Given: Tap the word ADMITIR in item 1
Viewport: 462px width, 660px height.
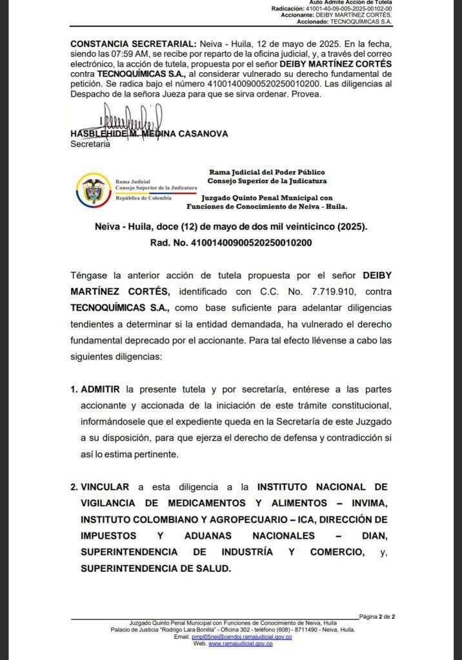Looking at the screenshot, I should click(101, 390).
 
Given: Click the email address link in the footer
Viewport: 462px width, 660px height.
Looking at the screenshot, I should click(242, 637).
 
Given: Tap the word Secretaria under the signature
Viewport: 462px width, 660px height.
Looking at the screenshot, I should click(90, 144).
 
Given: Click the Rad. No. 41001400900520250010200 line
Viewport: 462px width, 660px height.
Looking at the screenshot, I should click(231, 243).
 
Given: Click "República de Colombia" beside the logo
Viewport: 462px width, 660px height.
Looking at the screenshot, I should click(143, 198).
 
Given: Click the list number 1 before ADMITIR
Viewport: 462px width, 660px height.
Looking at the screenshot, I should click(73, 390).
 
